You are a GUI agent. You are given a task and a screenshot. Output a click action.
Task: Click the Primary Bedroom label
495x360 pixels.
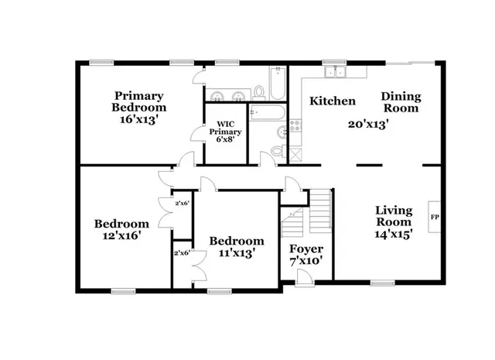139,101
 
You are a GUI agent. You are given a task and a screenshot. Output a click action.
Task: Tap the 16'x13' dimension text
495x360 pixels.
139,121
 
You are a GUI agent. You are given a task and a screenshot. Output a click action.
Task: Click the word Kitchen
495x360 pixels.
333,101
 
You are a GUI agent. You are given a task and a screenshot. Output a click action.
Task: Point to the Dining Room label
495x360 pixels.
401,102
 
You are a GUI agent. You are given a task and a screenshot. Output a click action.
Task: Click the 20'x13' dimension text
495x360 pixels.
367,123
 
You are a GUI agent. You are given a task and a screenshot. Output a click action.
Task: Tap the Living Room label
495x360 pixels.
393,216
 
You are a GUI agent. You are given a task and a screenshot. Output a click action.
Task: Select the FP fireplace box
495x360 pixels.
434,218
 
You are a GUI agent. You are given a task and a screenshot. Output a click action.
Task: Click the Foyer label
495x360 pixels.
306,249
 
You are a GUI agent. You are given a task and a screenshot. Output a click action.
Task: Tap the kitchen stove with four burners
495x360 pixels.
295,124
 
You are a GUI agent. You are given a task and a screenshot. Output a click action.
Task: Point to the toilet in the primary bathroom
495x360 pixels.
259,92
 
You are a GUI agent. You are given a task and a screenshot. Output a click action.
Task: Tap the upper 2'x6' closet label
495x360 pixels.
182,203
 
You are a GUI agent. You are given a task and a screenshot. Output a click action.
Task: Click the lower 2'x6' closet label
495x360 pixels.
182,253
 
